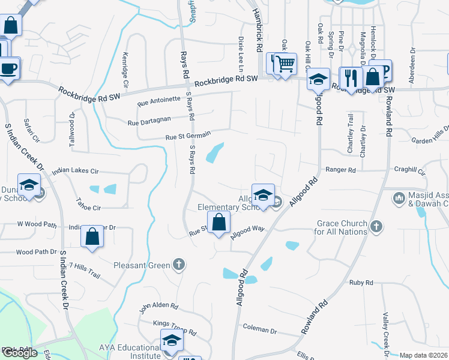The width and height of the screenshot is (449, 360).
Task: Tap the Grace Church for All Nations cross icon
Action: [x=376, y=227]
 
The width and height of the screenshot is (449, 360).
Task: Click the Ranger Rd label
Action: [x=340, y=170]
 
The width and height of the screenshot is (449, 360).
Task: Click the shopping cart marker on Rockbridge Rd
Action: [x=286, y=63]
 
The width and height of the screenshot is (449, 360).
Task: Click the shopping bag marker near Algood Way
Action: [x=219, y=222]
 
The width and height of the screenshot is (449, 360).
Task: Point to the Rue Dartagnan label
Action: [x=149, y=122]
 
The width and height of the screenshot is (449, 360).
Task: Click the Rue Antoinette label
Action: [x=158, y=100]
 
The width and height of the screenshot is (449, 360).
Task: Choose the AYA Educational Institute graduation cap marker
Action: [x=172, y=341]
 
